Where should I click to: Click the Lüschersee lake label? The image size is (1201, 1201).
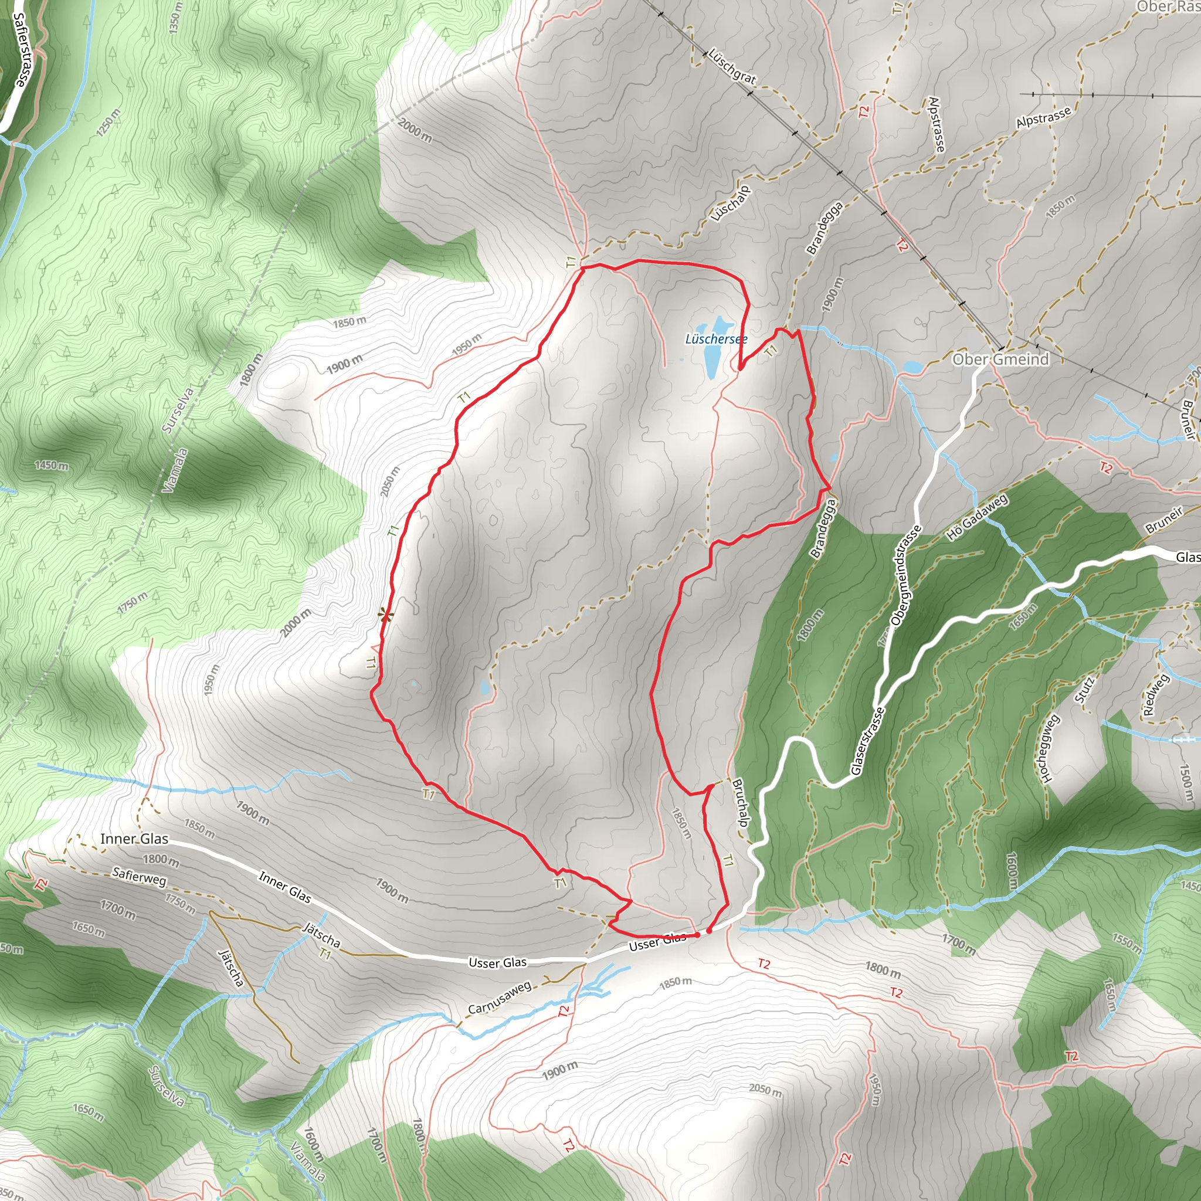pos(715,340)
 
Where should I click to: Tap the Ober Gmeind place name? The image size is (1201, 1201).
pos(1000,359)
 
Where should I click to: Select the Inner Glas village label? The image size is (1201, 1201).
pos(134,839)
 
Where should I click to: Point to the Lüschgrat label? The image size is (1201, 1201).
pos(732,66)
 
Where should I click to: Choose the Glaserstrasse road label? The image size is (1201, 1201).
pos(867,741)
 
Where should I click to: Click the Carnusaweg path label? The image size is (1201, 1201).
pos(499,998)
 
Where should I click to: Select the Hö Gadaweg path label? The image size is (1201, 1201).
pos(976,517)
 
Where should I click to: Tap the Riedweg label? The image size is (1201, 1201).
pos(1155,695)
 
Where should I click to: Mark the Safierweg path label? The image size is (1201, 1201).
pos(139,877)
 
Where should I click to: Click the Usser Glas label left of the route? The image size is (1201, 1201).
pos(497,963)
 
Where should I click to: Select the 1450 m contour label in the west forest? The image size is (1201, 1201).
pos(52,465)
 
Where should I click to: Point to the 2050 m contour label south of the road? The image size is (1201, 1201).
pos(765,1089)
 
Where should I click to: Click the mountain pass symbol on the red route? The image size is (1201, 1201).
pos(386,615)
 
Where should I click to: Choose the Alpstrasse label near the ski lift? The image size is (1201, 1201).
pos(1044,117)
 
